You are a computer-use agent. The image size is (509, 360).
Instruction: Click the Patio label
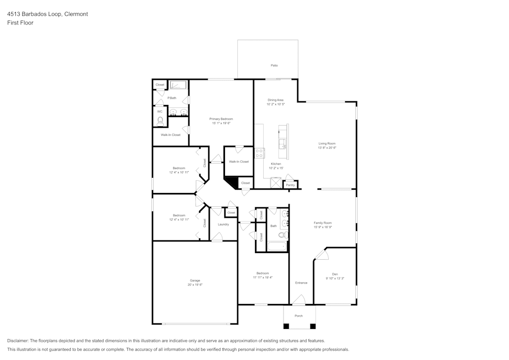point(274,66)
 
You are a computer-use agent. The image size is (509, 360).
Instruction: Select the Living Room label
point(327,144)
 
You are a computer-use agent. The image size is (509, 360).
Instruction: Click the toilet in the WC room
point(160,121)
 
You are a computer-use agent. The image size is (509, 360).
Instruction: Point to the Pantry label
point(291,185)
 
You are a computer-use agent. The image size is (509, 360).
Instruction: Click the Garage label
point(195,281)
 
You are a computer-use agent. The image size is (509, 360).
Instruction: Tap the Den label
point(334,274)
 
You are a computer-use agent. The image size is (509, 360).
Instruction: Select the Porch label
point(299,316)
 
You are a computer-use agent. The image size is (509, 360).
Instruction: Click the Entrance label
point(301,283)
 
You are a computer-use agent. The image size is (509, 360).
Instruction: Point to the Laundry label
point(223,225)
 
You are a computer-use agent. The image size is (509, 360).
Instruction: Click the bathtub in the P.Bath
point(179,85)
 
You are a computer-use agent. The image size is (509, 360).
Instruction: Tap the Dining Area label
point(275,100)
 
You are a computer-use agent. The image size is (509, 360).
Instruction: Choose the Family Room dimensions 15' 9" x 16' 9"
point(323,227)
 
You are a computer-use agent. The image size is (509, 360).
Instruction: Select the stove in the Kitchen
point(260,152)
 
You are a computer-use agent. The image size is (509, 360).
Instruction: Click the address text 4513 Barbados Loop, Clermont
point(47,14)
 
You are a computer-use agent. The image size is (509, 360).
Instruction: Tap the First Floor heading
point(20,23)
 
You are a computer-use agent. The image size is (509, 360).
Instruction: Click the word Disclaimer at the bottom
point(18,341)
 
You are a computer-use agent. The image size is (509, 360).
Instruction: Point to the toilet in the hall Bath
point(284,235)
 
